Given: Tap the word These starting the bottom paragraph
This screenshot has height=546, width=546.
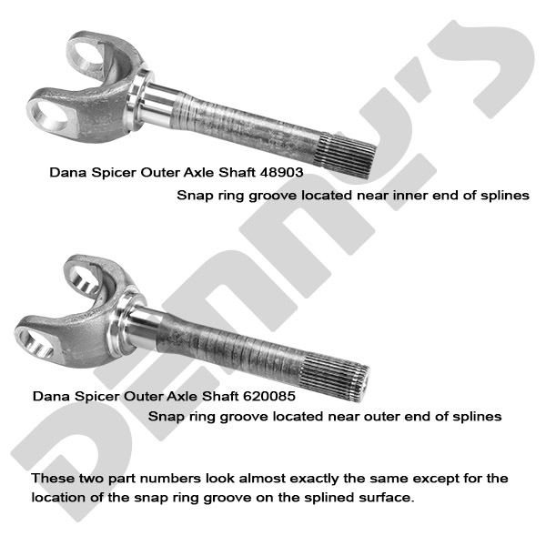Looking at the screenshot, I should (51, 478).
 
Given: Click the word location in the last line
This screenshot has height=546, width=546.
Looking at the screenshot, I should (58, 499).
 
